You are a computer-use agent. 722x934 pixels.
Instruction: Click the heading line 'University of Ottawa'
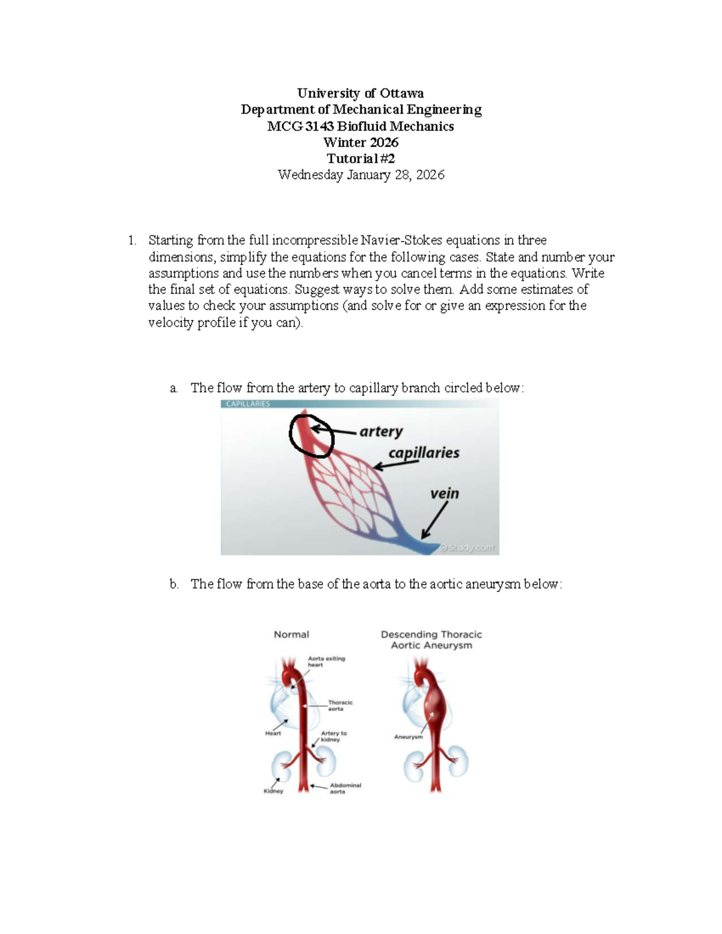(x=360, y=93)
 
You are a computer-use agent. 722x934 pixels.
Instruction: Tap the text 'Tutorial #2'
(x=360, y=159)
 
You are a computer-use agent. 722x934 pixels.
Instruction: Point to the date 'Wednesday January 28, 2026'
(x=360, y=175)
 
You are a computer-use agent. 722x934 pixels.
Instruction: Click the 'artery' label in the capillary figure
(x=381, y=431)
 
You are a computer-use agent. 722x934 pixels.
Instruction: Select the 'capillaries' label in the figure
(x=424, y=453)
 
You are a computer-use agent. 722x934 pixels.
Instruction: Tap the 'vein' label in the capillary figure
(x=444, y=494)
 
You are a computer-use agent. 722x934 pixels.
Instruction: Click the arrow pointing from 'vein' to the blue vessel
(x=434, y=520)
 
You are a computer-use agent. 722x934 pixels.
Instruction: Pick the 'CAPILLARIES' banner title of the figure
(x=248, y=404)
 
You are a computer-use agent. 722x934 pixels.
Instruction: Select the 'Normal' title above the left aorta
(x=291, y=634)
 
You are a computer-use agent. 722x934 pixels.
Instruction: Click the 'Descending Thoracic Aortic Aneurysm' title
(x=431, y=640)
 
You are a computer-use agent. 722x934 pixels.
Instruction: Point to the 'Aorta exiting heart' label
(x=326, y=662)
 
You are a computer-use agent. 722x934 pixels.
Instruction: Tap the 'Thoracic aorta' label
(x=340, y=705)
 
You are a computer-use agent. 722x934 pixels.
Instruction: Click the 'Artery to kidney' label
(x=333, y=736)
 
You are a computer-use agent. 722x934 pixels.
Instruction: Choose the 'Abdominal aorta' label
(x=345, y=788)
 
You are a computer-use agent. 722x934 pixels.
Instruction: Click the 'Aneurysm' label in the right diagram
(x=409, y=737)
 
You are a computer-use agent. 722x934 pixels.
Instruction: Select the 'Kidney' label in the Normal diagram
(x=273, y=791)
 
